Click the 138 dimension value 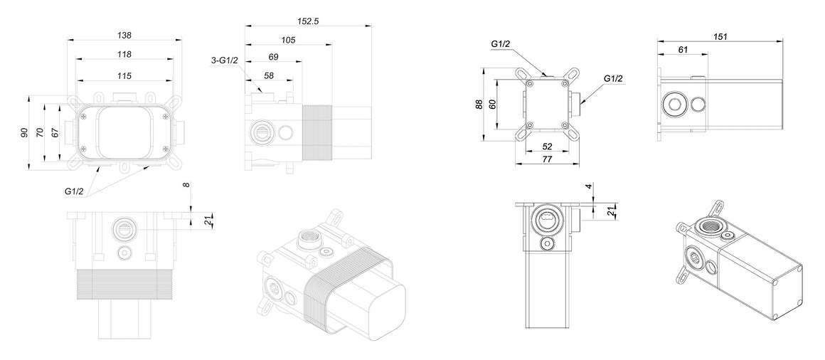click(x=124, y=36)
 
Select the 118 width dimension click(x=124, y=54)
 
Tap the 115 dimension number click(x=124, y=76)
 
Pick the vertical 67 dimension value click(x=55, y=132)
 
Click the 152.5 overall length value click(x=308, y=21)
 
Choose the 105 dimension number click(x=288, y=40)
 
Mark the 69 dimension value click(x=273, y=57)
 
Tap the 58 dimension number click(x=269, y=76)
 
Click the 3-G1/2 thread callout click(x=225, y=60)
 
